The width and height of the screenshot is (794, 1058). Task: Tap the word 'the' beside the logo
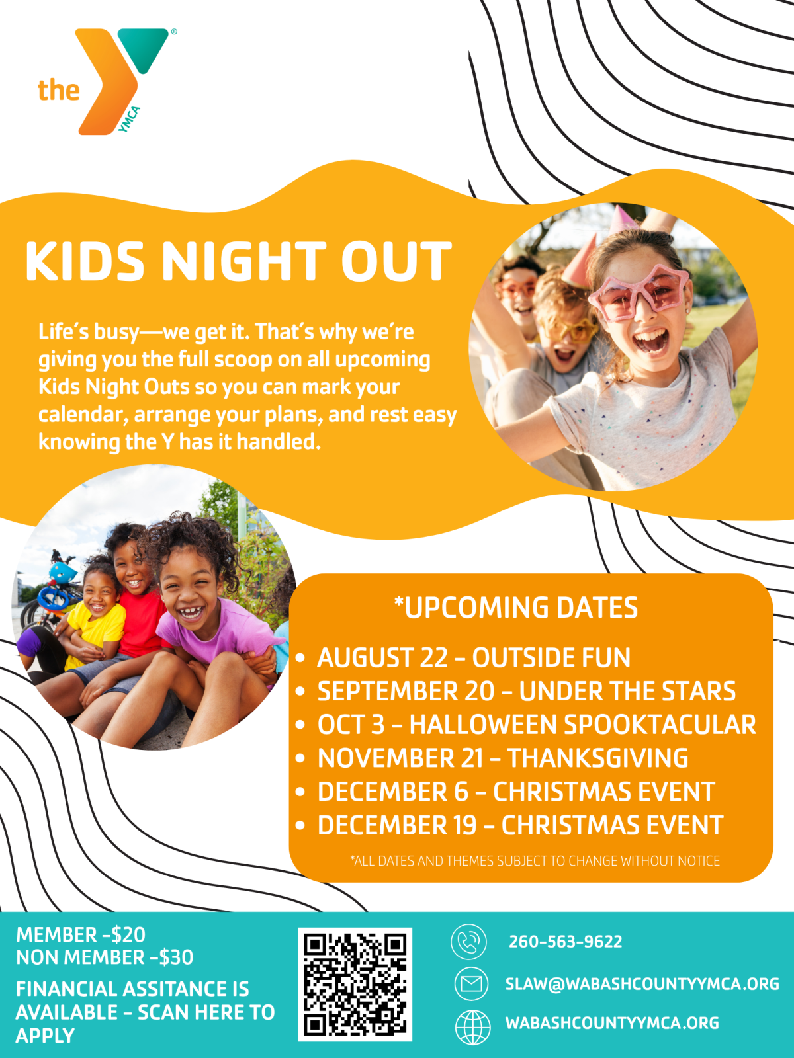[x=59, y=91]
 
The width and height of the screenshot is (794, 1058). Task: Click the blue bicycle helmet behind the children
[x=62, y=573]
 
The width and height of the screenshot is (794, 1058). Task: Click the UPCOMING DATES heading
[x=516, y=607]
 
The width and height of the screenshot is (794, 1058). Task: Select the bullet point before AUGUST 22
[x=300, y=658]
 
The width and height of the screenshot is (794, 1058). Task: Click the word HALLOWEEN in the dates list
[x=482, y=725]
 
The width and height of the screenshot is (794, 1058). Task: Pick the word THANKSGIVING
[x=597, y=758]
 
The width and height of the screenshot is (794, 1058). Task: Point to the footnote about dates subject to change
[x=535, y=861]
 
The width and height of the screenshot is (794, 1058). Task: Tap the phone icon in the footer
[x=468, y=942]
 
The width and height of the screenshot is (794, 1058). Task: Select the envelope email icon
[x=472, y=984]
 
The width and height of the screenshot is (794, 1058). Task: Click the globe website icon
[x=473, y=1028]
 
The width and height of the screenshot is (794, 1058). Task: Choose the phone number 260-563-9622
[x=566, y=942]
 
